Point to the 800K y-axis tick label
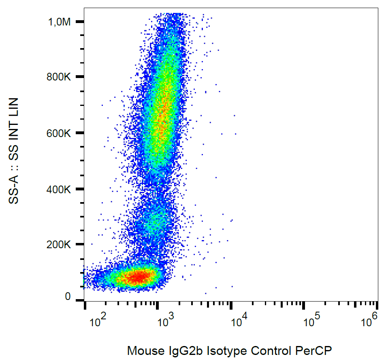tap(60, 77)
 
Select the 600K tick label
tap(60, 133)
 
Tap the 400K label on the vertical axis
tap(60, 189)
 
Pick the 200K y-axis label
tap(60, 245)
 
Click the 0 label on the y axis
tap(68, 298)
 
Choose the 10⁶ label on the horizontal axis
tap(369, 322)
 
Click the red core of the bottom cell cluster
tap(138, 277)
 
